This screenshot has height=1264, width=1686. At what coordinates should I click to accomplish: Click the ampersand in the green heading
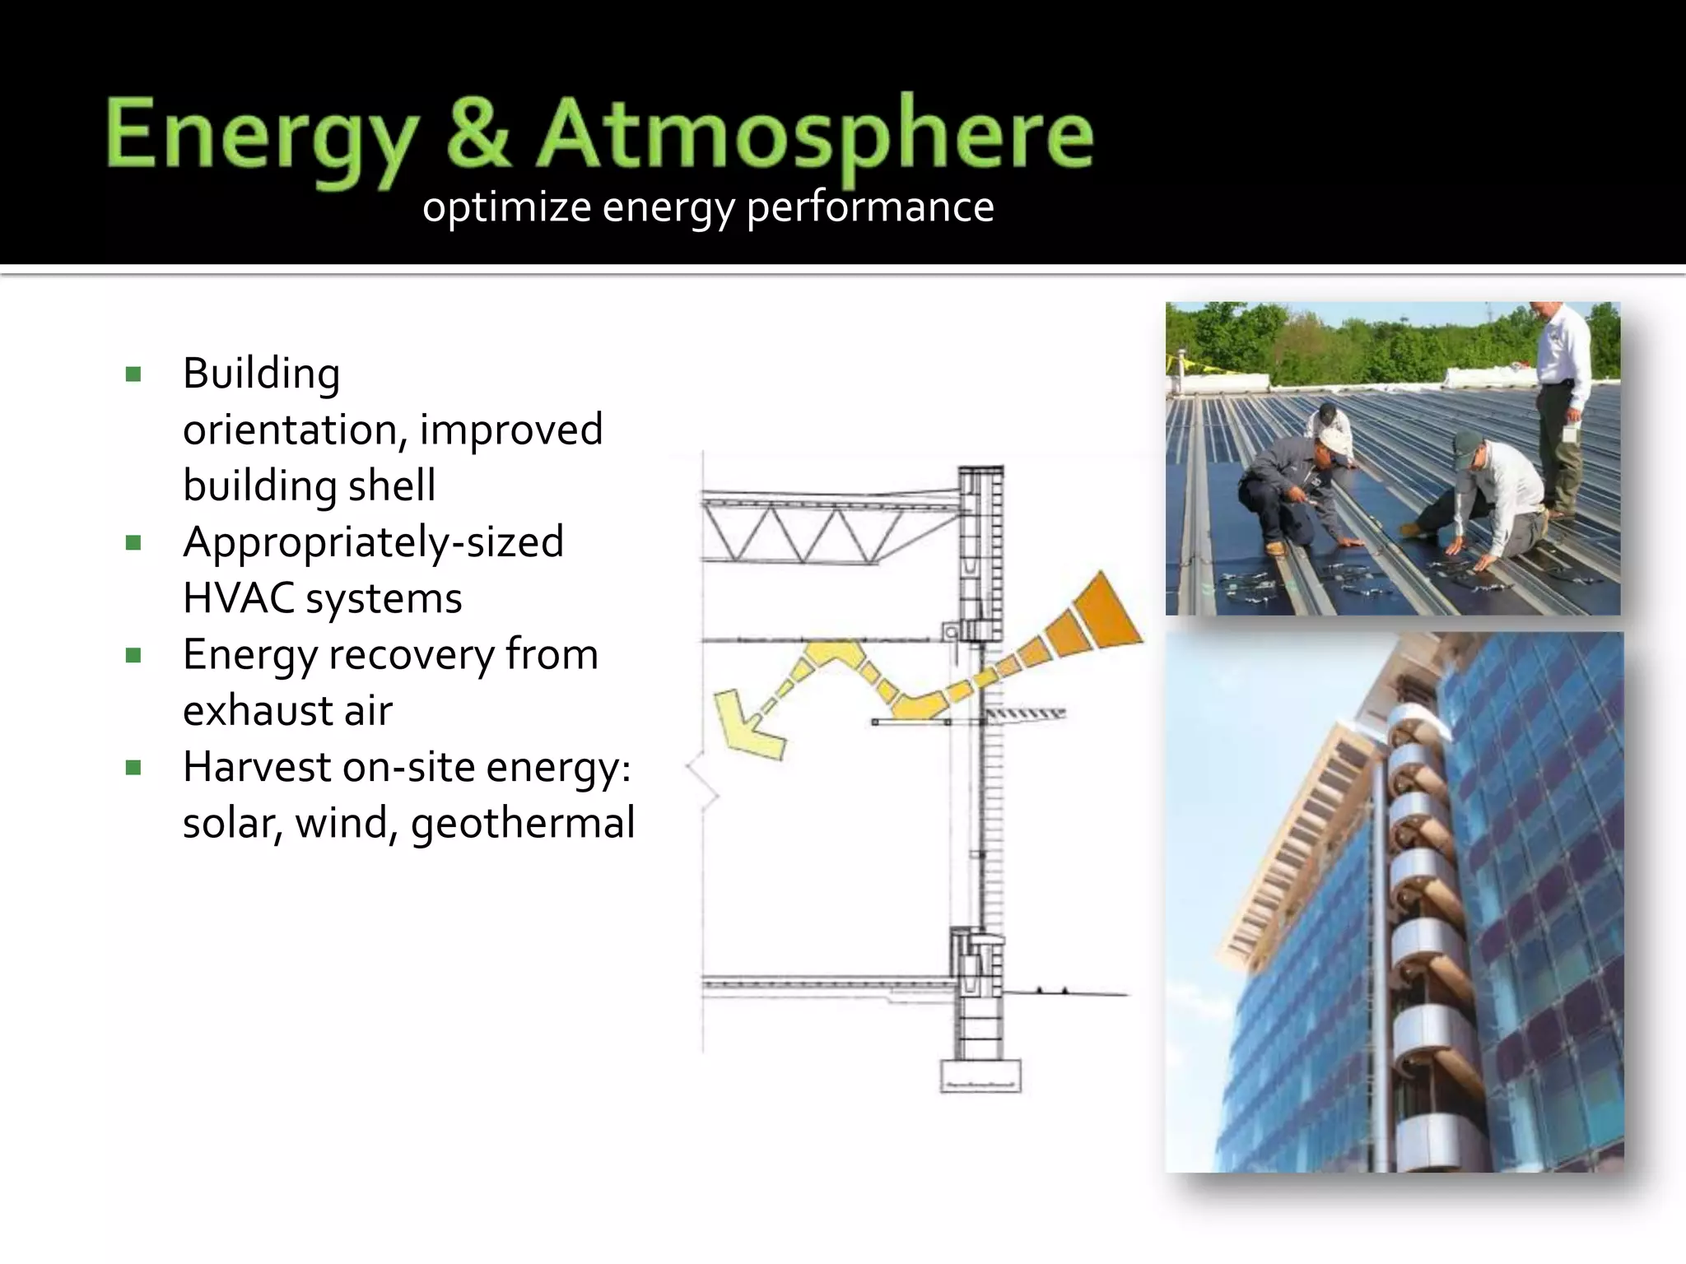tap(480, 134)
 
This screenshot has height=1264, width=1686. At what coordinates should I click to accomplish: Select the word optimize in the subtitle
tap(505, 207)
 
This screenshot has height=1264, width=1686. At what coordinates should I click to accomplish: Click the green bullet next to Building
tap(133, 375)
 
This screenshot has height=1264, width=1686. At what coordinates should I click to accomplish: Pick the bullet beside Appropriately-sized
tap(133, 543)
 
